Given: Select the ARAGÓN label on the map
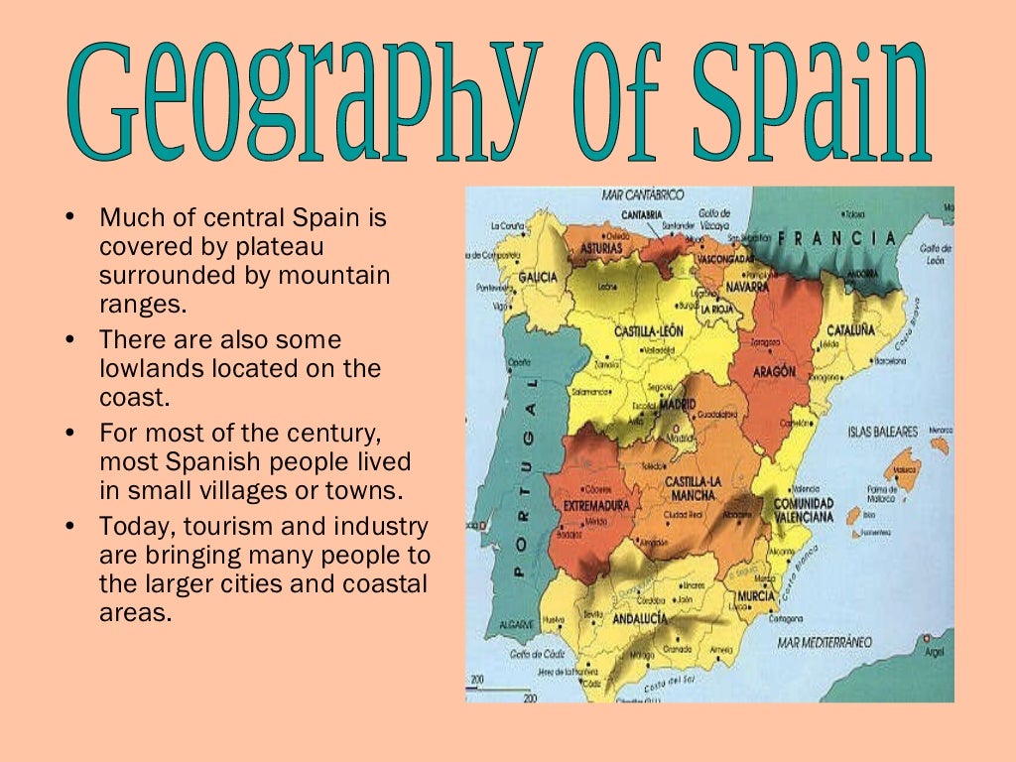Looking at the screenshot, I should (x=775, y=371).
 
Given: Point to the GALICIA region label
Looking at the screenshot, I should (x=538, y=277).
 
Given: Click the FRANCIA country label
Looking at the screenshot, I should (x=839, y=238).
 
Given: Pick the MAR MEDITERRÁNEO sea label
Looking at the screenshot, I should (x=825, y=642).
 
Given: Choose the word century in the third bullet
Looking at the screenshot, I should (x=328, y=434).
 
